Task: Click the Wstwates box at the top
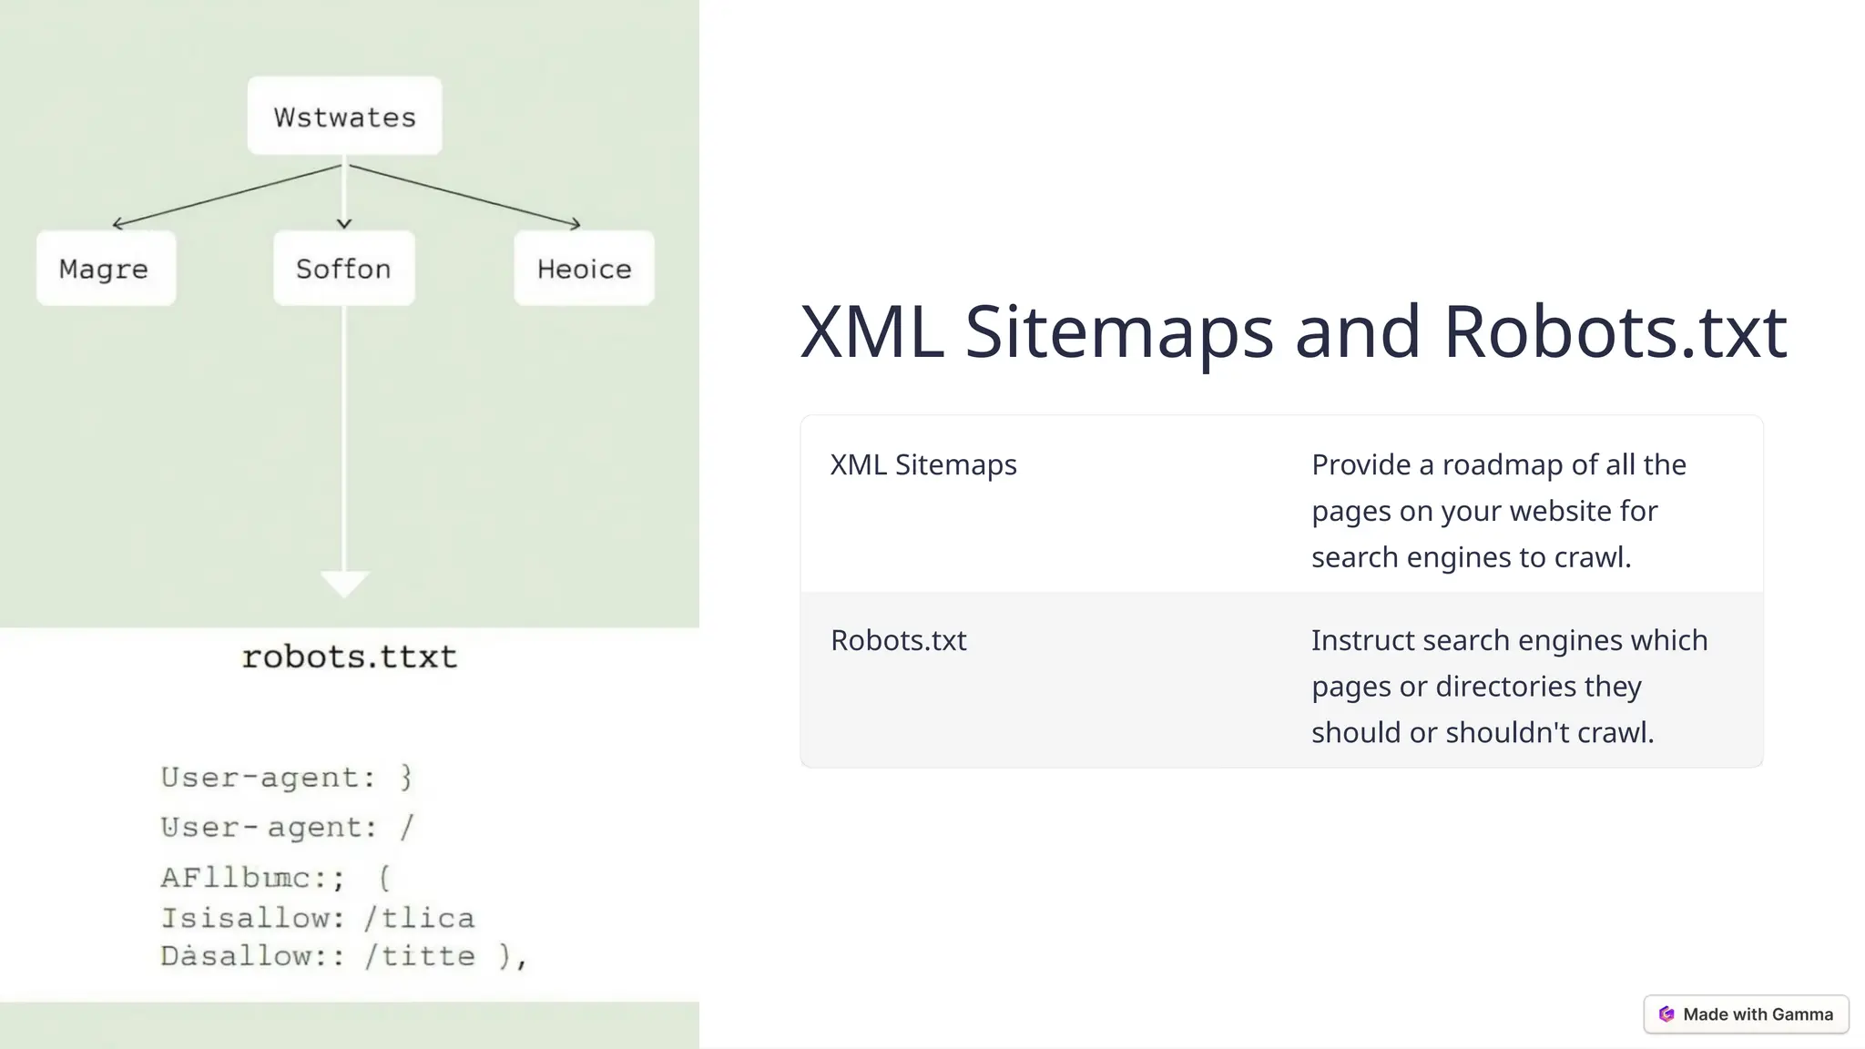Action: click(344, 117)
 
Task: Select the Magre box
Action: click(106, 269)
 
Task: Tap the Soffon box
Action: click(343, 269)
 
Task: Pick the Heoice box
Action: click(584, 269)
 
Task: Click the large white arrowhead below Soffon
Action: click(344, 583)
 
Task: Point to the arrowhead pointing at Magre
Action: click(116, 224)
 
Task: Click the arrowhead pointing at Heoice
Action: click(576, 224)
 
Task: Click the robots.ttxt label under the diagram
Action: click(349, 657)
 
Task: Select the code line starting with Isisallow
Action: click(318, 918)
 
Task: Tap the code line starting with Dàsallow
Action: click(343, 956)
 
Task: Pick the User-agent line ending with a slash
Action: click(287, 828)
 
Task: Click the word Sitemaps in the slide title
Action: click(1118, 331)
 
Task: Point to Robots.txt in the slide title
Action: click(1615, 331)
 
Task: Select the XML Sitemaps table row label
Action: click(923, 464)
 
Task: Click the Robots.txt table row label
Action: click(898, 640)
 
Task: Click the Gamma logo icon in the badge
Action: click(1666, 1014)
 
